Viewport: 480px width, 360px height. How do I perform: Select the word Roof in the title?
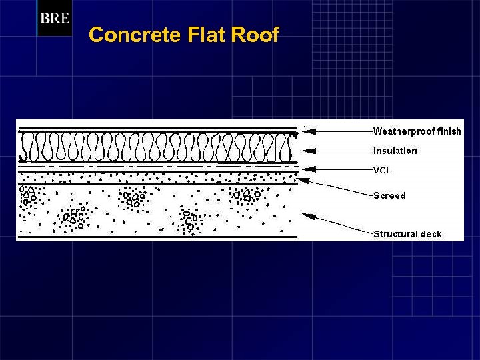point(255,35)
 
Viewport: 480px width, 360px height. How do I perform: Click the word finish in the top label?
point(449,131)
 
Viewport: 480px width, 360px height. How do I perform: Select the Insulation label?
point(395,151)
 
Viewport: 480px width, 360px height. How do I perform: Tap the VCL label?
point(382,170)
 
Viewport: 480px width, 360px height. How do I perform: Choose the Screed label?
point(389,195)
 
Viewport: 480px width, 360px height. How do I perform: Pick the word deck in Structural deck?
point(431,234)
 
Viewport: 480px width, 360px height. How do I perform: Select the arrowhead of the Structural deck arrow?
point(306,215)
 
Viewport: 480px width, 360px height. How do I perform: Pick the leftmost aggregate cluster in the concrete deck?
point(27,195)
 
